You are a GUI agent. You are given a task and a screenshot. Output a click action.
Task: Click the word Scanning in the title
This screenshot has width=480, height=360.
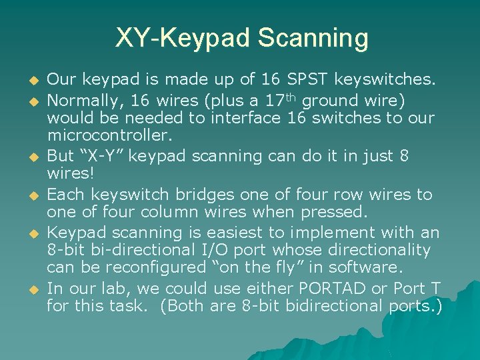[315, 38]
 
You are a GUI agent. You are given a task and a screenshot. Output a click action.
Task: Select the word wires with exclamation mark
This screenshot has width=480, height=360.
[69, 174]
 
